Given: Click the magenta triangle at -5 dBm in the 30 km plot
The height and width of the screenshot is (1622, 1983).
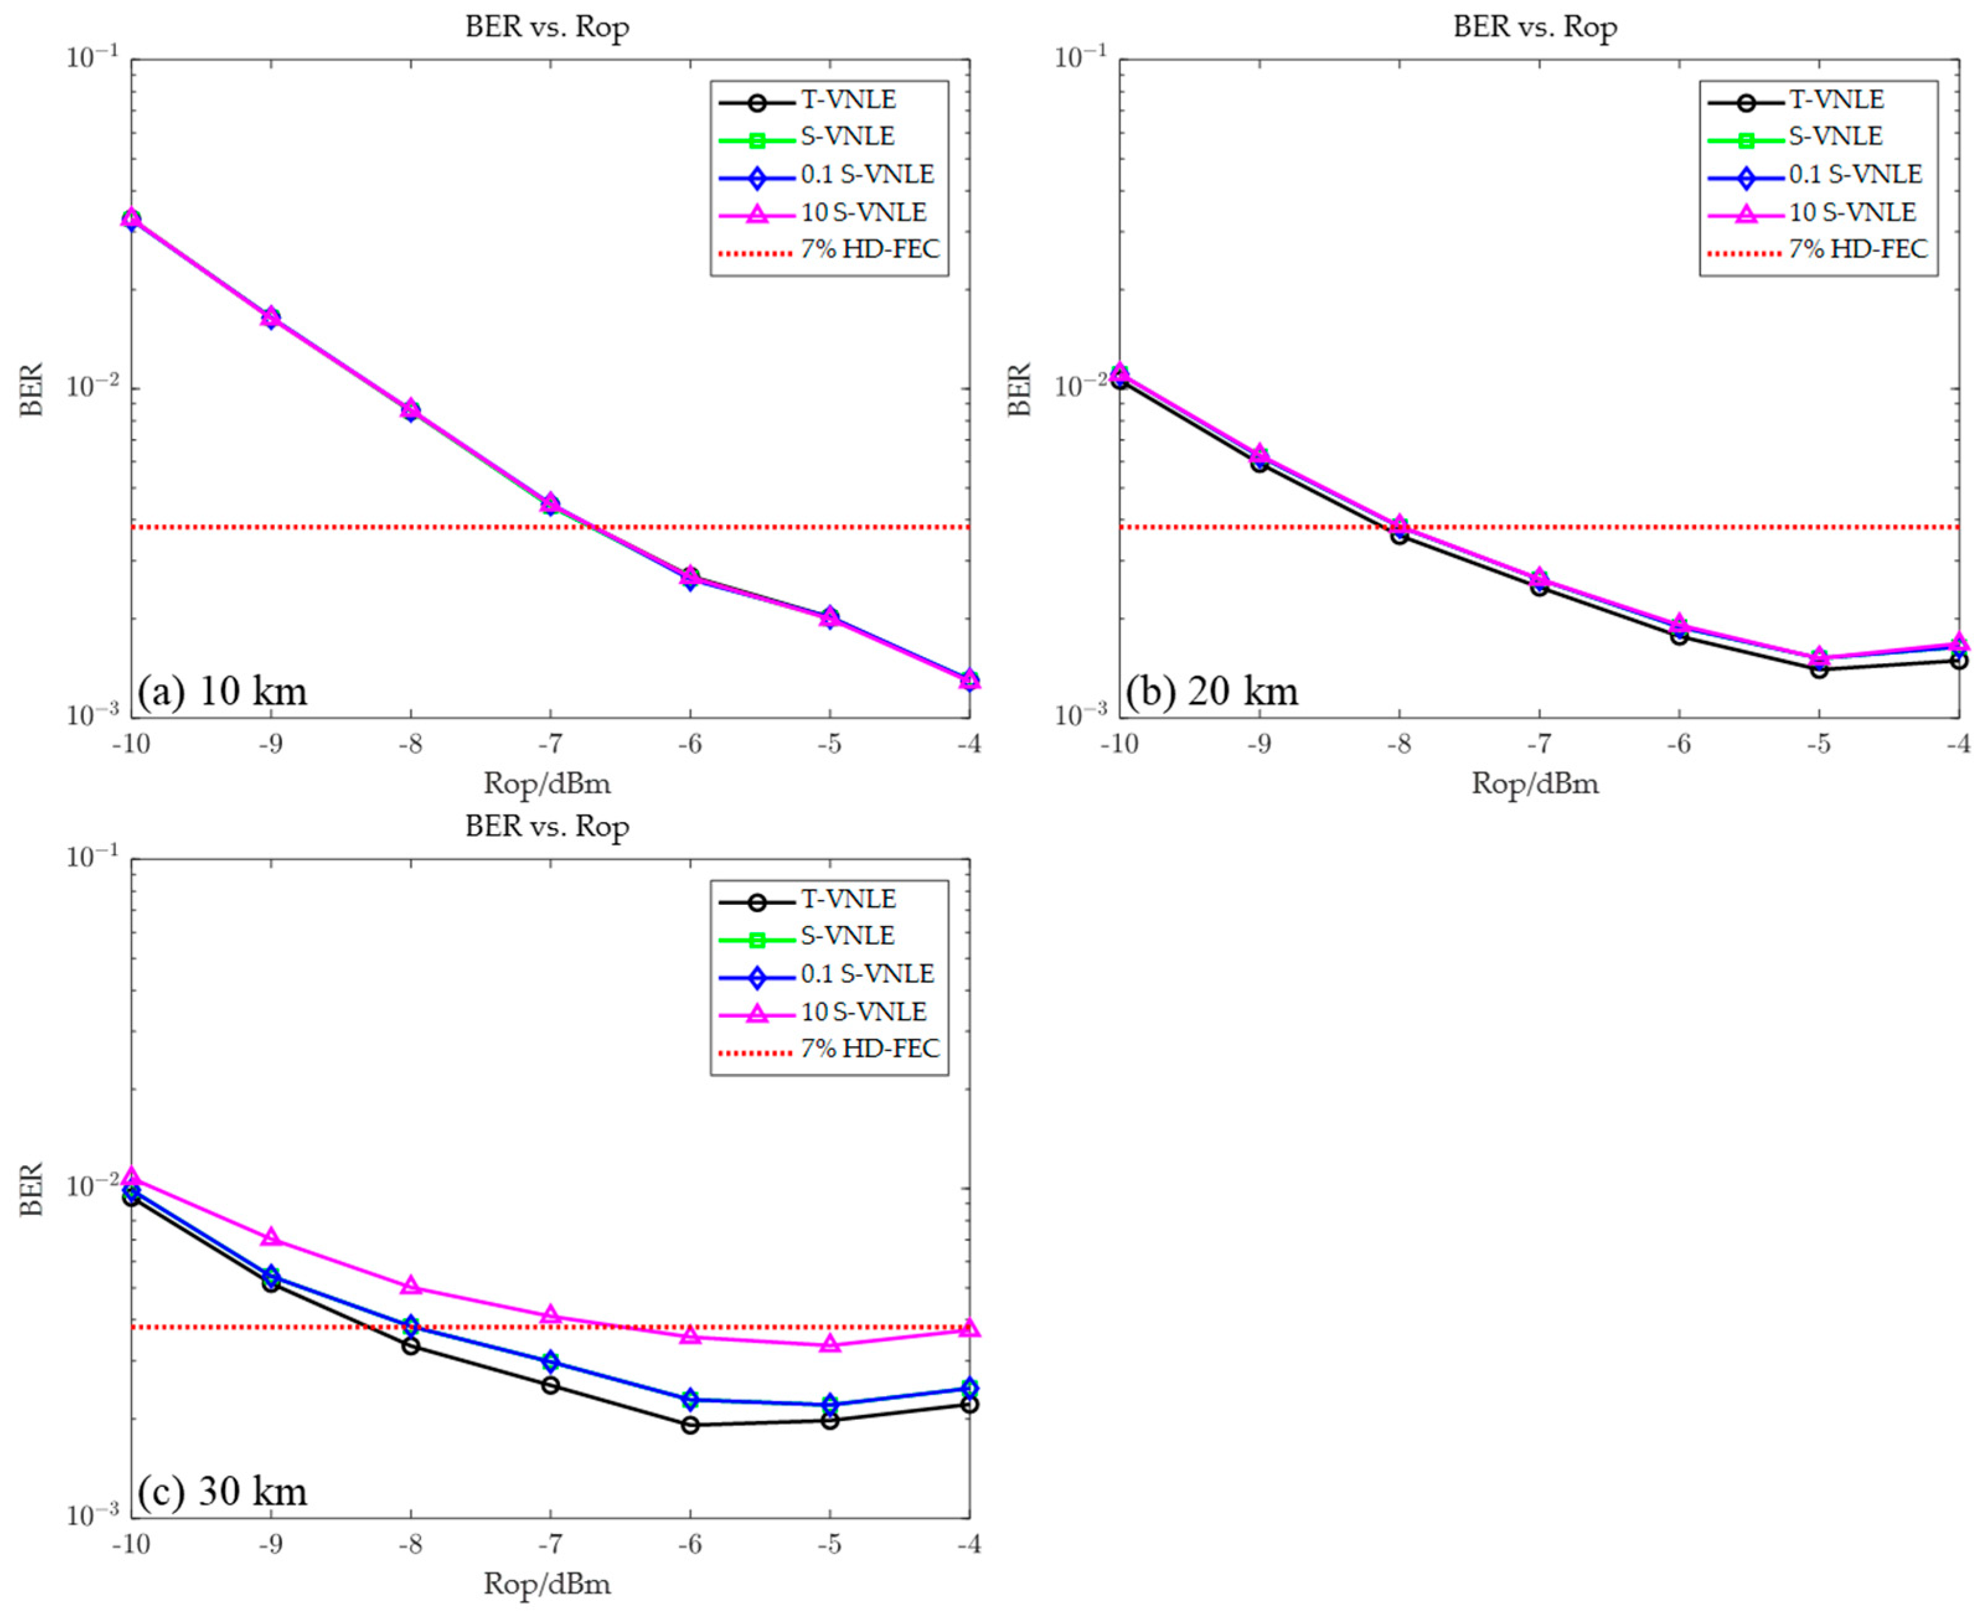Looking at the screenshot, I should point(830,1344).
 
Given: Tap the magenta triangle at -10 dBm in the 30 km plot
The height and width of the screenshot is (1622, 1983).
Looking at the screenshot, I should point(131,1176).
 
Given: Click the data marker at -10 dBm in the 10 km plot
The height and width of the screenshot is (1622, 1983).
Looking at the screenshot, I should point(131,219).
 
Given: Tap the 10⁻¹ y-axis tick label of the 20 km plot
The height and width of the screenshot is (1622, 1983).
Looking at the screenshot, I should point(1080,58).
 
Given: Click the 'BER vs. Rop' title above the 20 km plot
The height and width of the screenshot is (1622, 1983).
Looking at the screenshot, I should point(1535,27).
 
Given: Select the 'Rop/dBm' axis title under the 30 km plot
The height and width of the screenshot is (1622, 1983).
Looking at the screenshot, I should point(547,1584).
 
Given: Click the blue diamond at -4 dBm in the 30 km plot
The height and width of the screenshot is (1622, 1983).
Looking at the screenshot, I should point(969,1388).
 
